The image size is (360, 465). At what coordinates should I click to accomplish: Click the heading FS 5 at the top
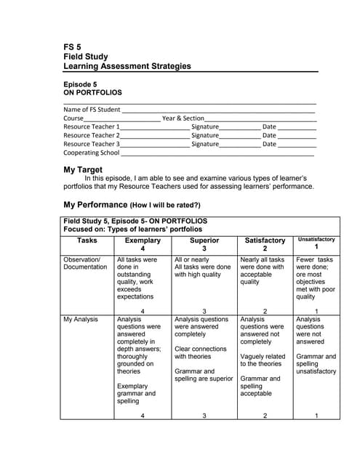coord(73,47)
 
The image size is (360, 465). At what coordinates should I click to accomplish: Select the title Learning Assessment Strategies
coord(127,66)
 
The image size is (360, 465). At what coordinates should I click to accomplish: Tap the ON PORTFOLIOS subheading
coord(92,93)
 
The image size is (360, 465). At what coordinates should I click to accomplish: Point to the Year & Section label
coord(183,118)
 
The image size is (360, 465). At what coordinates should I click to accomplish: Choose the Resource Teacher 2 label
coord(91,135)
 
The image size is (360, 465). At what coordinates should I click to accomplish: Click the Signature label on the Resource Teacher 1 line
coord(204,126)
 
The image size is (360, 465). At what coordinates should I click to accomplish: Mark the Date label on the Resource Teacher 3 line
coord(269,144)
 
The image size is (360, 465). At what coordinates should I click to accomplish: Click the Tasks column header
coord(87,240)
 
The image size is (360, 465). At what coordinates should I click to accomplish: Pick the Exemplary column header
coord(143,240)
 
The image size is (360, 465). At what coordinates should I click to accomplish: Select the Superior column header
coord(204,240)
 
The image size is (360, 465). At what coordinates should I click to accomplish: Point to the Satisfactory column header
coord(265,240)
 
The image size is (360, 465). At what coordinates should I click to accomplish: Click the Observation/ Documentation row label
coord(85,263)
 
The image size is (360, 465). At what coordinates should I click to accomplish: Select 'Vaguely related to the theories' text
coord(263,360)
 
